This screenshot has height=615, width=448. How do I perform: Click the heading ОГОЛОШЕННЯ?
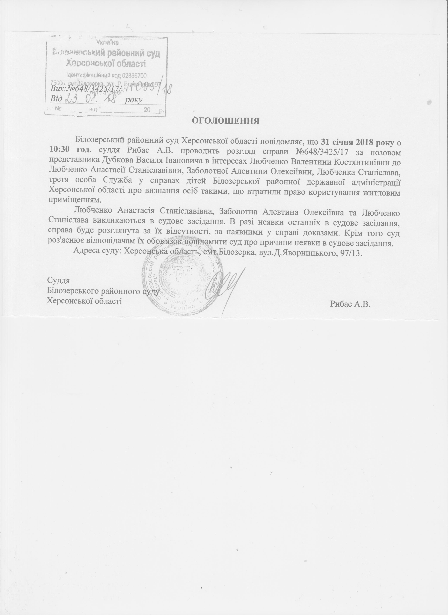[x=226, y=121]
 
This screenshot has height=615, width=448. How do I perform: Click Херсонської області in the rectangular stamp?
[x=106, y=64]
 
